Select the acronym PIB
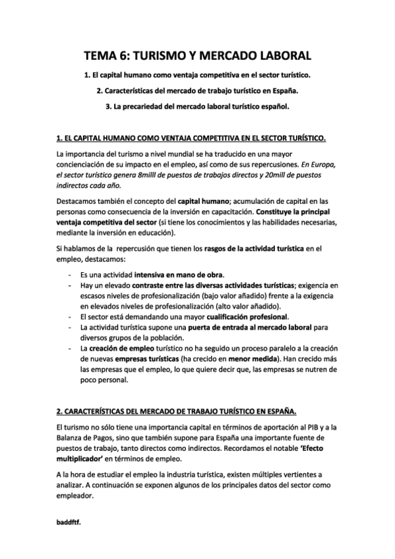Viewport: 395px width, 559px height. [313, 427]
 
